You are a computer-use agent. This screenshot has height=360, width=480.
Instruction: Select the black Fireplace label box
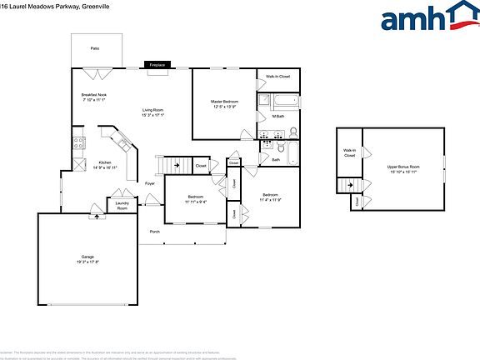(x=157, y=64)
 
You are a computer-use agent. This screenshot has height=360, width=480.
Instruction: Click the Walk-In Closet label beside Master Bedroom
(x=277, y=76)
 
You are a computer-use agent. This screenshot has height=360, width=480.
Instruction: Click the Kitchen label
(x=106, y=162)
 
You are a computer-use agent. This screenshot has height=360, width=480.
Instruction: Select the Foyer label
(x=150, y=183)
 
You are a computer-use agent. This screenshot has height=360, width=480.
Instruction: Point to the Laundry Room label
(x=122, y=205)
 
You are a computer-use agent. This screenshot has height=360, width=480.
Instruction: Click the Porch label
(x=154, y=231)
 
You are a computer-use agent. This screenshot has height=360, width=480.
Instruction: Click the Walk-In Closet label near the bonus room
(x=349, y=153)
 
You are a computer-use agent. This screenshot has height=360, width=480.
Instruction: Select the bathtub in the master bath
(x=278, y=102)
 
